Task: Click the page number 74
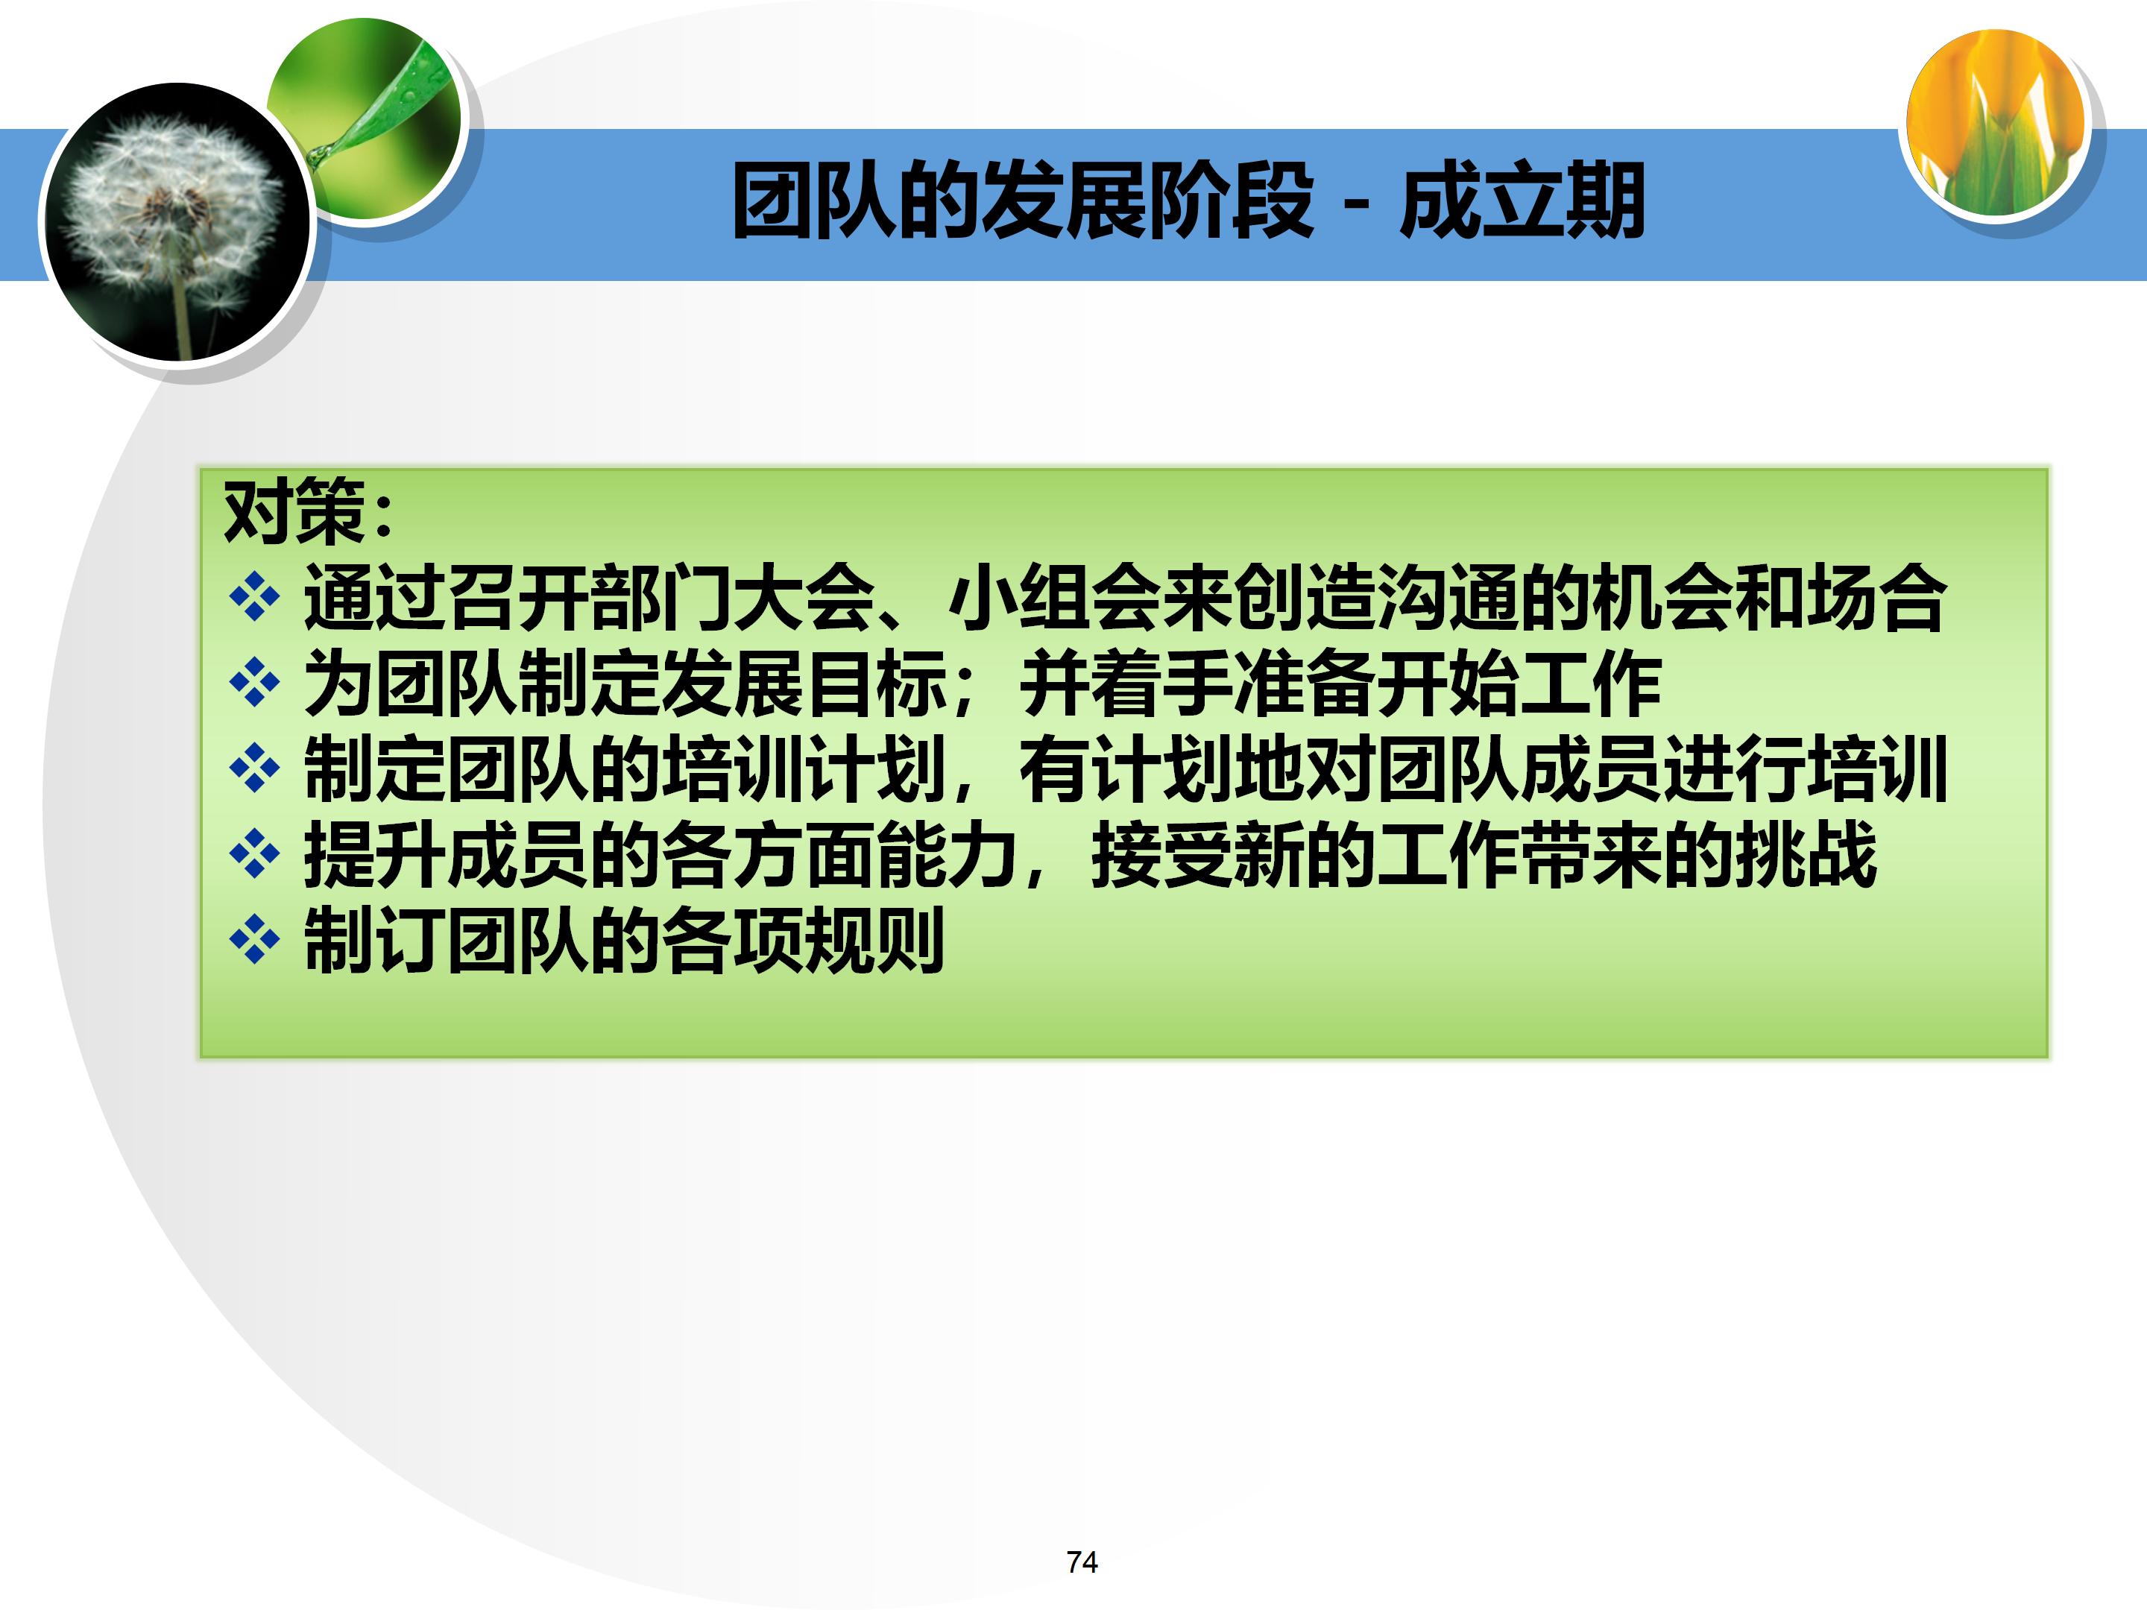tap(1081, 1562)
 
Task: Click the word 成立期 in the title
tap(1521, 202)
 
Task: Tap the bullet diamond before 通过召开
tap(254, 597)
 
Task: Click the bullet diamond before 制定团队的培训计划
tap(254, 768)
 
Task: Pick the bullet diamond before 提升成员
tap(254, 854)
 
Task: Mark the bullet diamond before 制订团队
tap(254, 939)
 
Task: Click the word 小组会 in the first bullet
tap(1053, 598)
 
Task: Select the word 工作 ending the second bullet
tap(1590, 684)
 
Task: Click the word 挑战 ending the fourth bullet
tap(1806, 854)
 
